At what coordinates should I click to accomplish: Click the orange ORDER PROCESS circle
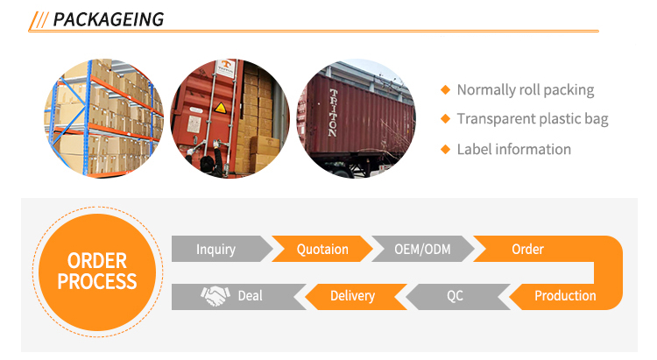click(x=96, y=271)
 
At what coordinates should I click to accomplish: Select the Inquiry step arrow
click(x=216, y=250)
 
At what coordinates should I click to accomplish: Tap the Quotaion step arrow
click(x=322, y=250)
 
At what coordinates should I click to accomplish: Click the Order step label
click(x=527, y=250)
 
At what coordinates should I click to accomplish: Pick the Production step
click(x=565, y=295)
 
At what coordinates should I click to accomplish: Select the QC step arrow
click(x=455, y=296)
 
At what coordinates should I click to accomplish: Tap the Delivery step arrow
click(x=352, y=296)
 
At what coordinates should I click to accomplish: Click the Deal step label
click(x=250, y=296)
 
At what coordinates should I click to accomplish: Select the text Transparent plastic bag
click(x=533, y=119)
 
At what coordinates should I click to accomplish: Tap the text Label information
click(x=514, y=149)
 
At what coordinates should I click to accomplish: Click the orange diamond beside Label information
click(x=445, y=149)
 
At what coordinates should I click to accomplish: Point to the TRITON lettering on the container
click(x=333, y=112)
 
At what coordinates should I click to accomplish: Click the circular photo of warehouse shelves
click(x=103, y=117)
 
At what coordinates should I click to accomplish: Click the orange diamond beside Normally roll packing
click(x=445, y=90)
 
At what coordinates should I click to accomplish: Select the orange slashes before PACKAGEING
click(x=39, y=19)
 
